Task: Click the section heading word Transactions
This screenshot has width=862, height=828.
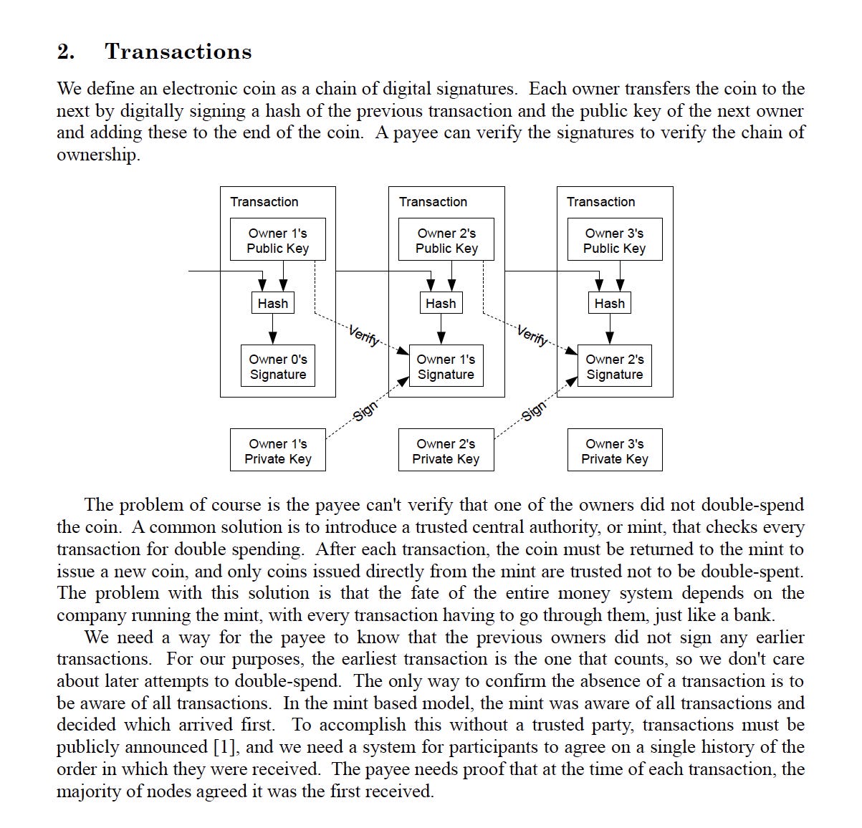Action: tap(178, 52)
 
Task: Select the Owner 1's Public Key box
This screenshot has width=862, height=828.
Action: tap(277, 240)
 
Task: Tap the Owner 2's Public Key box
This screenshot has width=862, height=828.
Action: tap(446, 240)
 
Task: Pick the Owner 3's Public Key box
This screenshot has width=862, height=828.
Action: tap(614, 240)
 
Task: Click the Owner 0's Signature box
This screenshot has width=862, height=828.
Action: tap(277, 366)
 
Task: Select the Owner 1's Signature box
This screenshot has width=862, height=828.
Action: tap(446, 366)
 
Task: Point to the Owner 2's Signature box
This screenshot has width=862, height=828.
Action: tap(614, 366)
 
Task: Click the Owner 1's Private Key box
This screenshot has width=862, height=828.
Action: tap(277, 451)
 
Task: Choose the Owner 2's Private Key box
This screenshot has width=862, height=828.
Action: tap(446, 451)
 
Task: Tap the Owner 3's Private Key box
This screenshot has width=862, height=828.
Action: tap(614, 451)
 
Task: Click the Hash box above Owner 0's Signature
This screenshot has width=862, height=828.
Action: tap(272, 303)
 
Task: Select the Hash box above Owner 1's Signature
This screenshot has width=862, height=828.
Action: tap(441, 303)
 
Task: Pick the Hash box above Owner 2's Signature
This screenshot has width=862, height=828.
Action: tap(609, 303)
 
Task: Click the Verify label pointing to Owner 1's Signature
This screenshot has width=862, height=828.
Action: tap(364, 335)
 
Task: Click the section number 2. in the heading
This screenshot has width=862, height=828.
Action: tap(65, 52)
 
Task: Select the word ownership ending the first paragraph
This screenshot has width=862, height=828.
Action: tap(97, 155)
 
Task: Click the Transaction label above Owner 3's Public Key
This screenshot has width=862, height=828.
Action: tap(600, 201)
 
